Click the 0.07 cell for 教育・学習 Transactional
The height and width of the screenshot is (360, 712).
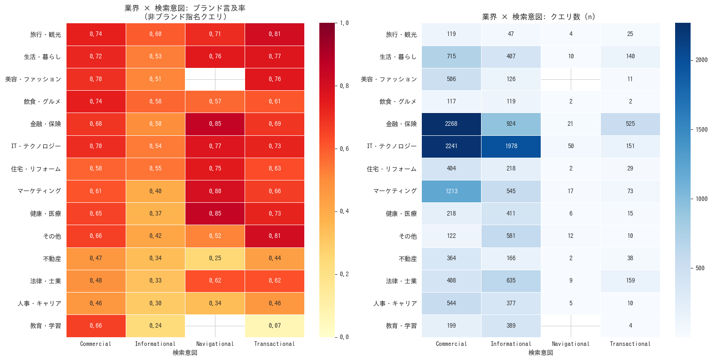pos(275,326)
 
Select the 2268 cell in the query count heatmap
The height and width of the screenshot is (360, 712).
pos(451,124)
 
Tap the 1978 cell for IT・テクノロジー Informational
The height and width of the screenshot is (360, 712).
pos(511,146)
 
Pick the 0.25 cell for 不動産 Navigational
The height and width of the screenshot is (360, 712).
pos(215,258)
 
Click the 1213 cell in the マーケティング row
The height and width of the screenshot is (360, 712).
pos(451,191)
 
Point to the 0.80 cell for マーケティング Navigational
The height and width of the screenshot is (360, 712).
pos(215,191)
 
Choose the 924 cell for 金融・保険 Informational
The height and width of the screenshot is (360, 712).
pos(511,124)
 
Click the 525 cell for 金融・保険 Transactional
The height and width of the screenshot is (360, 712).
pos(630,124)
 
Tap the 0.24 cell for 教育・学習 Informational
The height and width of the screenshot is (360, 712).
pos(155,326)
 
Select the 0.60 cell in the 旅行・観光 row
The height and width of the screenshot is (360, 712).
pos(155,34)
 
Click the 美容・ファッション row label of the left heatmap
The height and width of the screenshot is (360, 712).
pos(33,79)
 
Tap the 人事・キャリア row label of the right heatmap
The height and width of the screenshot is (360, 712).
pos(395,303)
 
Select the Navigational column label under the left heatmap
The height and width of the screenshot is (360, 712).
pos(215,344)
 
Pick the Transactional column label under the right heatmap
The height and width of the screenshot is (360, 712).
pos(630,344)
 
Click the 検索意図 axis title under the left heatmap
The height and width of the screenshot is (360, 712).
pos(185,353)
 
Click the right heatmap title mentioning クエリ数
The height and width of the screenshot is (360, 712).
pos(538,17)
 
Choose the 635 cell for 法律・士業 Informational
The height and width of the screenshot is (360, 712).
pos(511,281)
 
